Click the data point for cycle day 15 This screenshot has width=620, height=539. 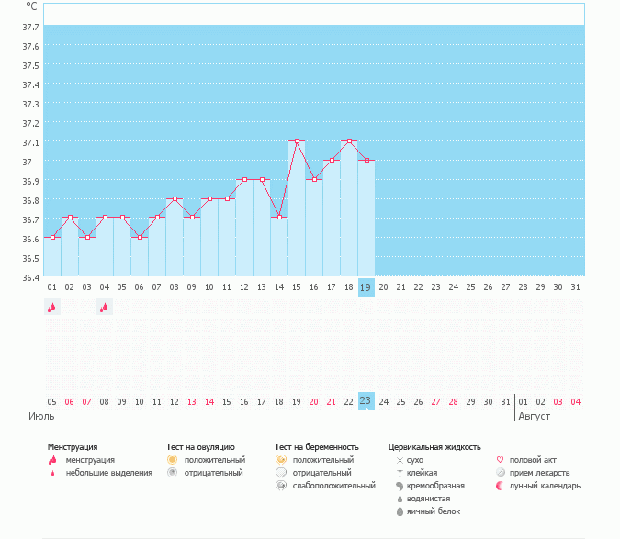297,141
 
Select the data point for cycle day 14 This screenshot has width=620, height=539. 279,218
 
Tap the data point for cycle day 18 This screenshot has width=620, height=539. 349,141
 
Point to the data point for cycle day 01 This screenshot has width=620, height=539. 52,237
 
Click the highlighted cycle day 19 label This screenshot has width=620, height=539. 366,287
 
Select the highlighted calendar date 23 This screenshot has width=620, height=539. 366,401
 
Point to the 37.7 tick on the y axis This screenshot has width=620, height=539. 30,27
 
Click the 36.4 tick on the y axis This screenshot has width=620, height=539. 30,277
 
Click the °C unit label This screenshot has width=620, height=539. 32,6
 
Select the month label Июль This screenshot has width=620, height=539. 40,416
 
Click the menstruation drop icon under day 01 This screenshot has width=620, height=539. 52,309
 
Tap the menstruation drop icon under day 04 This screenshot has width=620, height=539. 105,309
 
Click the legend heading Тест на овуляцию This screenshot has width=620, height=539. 200,447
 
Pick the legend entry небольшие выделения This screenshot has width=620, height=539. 109,473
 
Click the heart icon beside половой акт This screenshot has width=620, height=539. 500,460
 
